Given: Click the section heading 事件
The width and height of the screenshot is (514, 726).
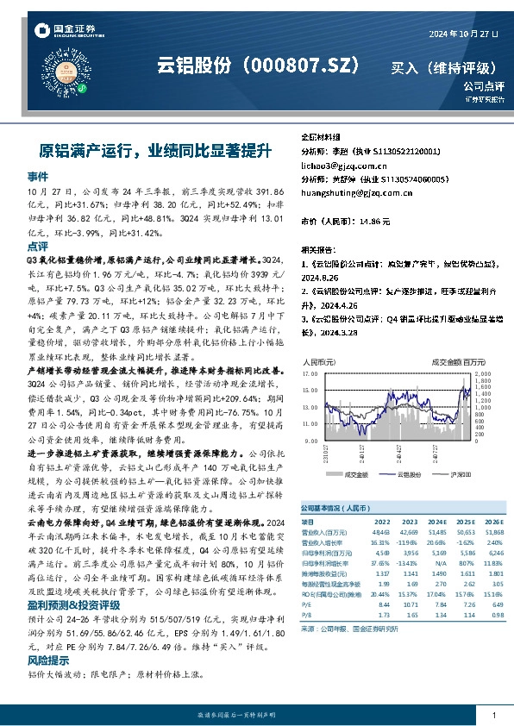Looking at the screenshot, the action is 38,175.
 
